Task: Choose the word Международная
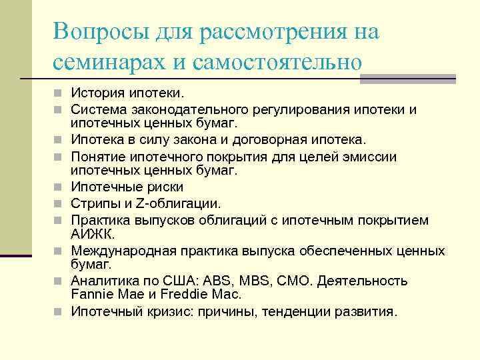pyautogui.click(x=123, y=251)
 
